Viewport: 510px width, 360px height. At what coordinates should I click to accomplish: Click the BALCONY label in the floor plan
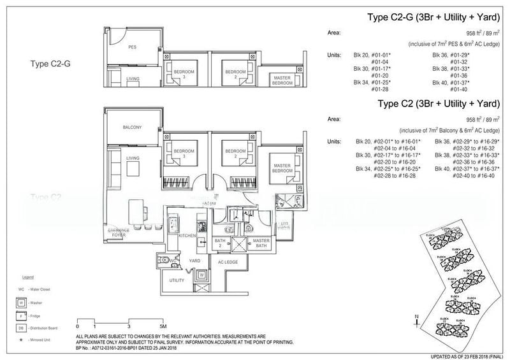pyautogui.click(x=132, y=127)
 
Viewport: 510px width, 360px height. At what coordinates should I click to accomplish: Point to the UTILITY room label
pyautogui.click(x=177, y=280)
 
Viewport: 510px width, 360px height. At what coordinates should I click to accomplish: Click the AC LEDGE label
pyautogui.click(x=228, y=262)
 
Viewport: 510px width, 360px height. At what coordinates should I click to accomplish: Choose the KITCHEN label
pyautogui.click(x=186, y=236)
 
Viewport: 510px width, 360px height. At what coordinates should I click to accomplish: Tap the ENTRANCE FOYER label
pyautogui.click(x=119, y=232)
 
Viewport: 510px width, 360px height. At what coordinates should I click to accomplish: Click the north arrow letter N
pyautogui.click(x=416, y=317)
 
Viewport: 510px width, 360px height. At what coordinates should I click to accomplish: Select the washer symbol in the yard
pyautogui.click(x=202, y=275)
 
